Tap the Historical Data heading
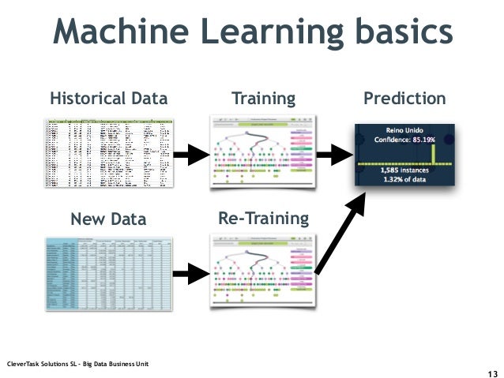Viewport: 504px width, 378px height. pos(109,99)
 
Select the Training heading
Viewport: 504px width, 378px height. pos(263,99)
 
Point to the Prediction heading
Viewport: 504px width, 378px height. pos(404,99)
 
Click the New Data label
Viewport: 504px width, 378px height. pos(108,217)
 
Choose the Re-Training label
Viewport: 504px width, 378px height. pos(262,217)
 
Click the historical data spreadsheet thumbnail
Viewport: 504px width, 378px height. pos(108,153)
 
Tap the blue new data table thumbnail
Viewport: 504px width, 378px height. pos(108,273)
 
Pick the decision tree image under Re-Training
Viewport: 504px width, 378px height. pos(262,272)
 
